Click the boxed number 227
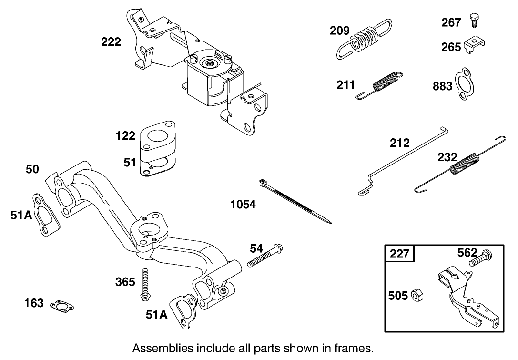pyautogui.click(x=400, y=253)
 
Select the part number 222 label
pyautogui.click(x=111, y=42)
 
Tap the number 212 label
pyautogui.click(x=399, y=143)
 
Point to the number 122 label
pyautogui.click(x=126, y=136)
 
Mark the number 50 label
pyautogui.click(x=33, y=169)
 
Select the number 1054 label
pyautogui.click(x=243, y=205)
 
